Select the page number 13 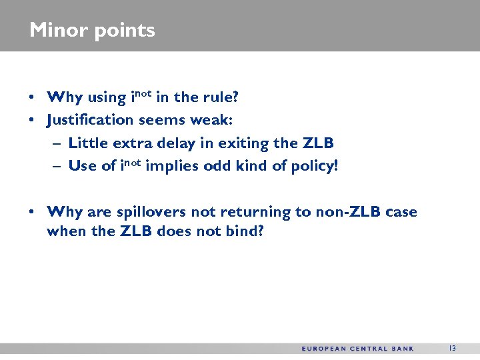point(452,348)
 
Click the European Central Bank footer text point(357,349)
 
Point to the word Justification point(90,121)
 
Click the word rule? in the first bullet point(219,97)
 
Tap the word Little point(88,143)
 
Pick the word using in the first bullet point(106,98)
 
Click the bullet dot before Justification point(32,121)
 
